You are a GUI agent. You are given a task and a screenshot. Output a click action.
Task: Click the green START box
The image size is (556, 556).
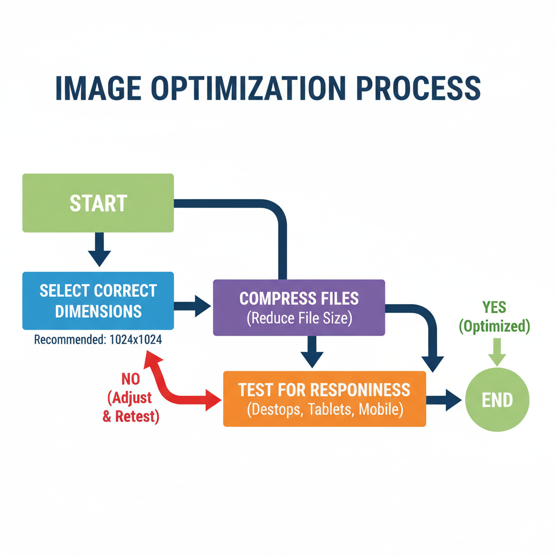click(x=98, y=203)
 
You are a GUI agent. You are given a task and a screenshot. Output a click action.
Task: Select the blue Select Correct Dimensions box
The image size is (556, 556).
click(x=98, y=300)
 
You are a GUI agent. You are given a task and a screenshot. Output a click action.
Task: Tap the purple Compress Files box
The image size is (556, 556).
click(x=299, y=307)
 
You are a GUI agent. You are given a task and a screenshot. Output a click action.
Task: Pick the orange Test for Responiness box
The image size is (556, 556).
click(x=325, y=399)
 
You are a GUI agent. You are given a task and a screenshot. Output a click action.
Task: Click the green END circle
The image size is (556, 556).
click(x=497, y=400)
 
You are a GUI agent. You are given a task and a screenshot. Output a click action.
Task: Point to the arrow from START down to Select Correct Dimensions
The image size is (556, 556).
click(x=99, y=249)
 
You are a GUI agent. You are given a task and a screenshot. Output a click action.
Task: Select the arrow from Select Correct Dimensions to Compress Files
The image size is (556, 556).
click(x=193, y=306)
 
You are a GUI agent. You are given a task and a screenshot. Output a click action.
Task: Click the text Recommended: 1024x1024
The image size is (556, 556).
click(x=98, y=340)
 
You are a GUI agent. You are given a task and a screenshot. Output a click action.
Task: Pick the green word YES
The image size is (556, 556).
click(x=494, y=308)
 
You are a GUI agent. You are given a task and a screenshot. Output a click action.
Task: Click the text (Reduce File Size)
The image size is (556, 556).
click(x=299, y=318)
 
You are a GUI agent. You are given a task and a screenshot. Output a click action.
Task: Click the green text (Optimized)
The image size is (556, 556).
click(x=494, y=326)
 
